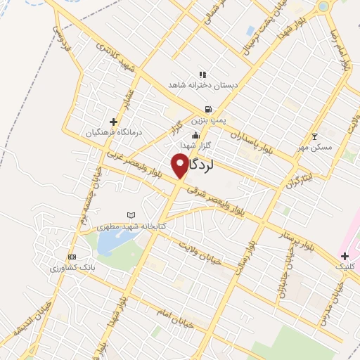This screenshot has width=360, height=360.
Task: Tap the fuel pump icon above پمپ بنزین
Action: (x=207, y=109)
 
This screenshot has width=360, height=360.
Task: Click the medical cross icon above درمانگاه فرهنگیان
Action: (x=113, y=122)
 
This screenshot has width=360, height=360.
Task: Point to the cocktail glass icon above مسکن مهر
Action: (x=314, y=136)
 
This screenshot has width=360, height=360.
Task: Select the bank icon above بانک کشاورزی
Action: (x=71, y=257)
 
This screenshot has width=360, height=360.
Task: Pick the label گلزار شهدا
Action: (x=196, y=145)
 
